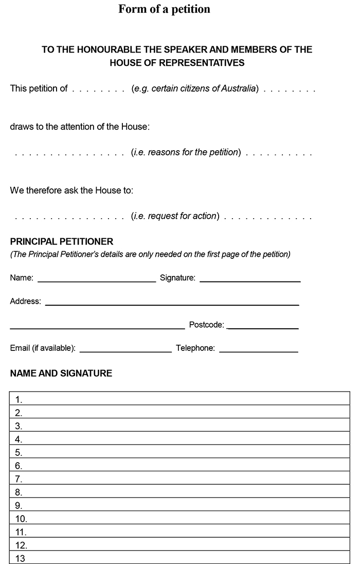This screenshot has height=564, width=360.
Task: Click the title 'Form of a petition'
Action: point(164,9)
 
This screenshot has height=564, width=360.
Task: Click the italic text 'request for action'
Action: point(182,216)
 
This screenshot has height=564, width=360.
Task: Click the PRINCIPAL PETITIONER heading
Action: point(62,241)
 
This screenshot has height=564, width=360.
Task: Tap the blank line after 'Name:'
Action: point(97,281)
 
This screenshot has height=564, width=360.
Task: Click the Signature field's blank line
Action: point(250,281)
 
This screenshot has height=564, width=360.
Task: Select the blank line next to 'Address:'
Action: point(172,304)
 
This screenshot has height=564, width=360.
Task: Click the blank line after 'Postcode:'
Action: point(262,328)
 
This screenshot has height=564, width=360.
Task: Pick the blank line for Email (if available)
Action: point(125,351)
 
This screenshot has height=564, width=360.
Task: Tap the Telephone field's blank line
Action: point(258,351)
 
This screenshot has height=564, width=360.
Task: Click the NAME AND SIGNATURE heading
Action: point(61,373)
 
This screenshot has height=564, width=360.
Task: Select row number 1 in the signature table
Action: point(180,399)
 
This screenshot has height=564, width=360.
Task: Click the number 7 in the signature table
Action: point(19,479)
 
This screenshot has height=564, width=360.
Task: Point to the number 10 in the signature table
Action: point(21,519)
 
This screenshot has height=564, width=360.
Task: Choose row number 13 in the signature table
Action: point(180,558)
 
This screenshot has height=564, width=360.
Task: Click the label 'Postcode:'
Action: point(207,325)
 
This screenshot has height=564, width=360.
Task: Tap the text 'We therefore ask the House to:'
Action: point(71,190)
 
